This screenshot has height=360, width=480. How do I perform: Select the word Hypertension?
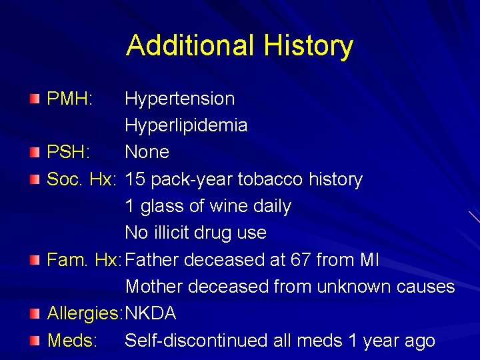pyautogui.click(x=180, y=99)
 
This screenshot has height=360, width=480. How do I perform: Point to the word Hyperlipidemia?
pyautogui.click(x=186, y=125)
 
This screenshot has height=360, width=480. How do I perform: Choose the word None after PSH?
pyautogui.click(x=147, y=152)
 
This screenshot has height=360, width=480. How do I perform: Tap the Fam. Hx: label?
pyautogui.click(x=85, y=260)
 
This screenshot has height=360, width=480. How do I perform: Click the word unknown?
pyautogui.click(x=354, y=287)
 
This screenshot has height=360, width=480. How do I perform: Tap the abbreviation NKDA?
pyautogui.click(x=151, y=313)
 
